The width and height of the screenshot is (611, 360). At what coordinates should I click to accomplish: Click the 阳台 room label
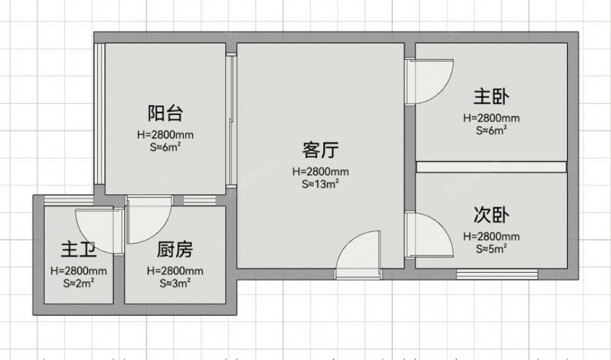pos(165,113)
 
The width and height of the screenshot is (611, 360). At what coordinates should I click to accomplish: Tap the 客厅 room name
pos(320,150)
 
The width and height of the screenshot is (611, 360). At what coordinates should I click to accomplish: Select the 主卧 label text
pos(491,97)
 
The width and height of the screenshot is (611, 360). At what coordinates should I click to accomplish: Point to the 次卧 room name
pos(491,215)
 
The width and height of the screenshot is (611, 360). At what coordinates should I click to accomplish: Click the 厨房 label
pos(175,250)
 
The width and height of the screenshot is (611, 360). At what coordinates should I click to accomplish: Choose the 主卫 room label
pos(78,250)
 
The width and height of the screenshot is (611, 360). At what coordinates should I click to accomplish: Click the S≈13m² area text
pos(320,184)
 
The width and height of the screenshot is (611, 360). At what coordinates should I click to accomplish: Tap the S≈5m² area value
pos(491,249)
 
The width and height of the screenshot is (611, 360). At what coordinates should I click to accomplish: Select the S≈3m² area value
pos(175,283)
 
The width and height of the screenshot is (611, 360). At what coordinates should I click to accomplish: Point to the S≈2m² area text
pos(78,283)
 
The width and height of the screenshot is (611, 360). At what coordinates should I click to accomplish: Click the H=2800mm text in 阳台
pos(165,135)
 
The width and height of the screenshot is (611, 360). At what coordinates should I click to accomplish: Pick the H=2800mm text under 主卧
pos(491,118)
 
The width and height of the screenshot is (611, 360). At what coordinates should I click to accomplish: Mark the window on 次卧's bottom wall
pos(497,274)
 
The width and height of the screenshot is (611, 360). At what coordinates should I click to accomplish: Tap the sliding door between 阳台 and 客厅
pos(232,119)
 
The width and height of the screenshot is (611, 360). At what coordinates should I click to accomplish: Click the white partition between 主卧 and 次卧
pos(491,167)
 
